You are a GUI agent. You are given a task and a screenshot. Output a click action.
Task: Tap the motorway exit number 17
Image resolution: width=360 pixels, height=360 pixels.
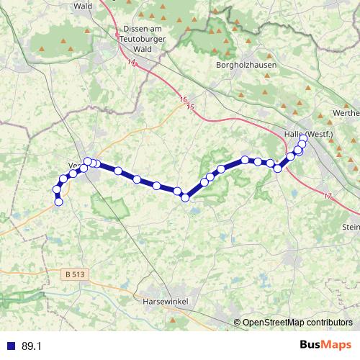tap(328, 196)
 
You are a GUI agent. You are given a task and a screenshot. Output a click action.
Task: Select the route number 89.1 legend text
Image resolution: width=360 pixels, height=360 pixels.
tap(31, 346)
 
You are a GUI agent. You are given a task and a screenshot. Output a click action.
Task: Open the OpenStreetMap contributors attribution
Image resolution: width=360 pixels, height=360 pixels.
tap(297, 322)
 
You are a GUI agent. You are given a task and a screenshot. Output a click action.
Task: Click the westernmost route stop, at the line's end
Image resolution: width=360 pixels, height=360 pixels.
tap(59, 202)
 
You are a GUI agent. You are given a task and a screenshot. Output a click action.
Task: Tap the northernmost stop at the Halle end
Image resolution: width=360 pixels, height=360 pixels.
tap(303, 140)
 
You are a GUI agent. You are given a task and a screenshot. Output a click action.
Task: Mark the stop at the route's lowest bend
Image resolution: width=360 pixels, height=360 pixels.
tap(185, 197)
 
